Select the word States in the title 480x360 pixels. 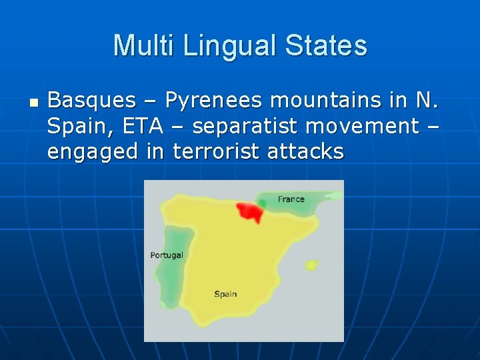click(326, 46)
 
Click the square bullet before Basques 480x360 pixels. click(34, 103)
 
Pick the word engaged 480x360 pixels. click(90, 152)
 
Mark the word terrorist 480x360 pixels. click(216, 151)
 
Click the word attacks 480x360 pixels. click(305, 151)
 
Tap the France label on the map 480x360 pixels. click(291, 199)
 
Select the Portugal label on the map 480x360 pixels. click(167, 255)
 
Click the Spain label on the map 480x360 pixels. click(225, 294)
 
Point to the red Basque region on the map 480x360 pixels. click(248, 212)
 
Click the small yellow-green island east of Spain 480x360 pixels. click(311, 265)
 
